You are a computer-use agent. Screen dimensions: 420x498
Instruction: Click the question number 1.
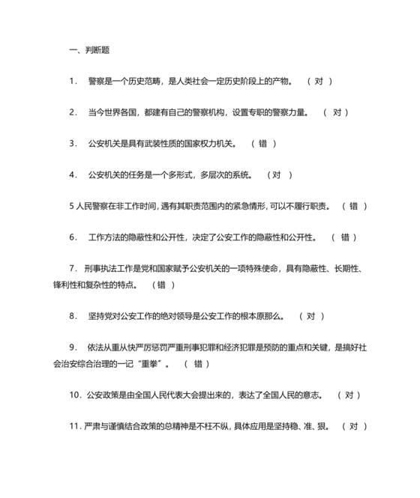(72, 81)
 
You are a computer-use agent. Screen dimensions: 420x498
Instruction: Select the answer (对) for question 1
(319, 81)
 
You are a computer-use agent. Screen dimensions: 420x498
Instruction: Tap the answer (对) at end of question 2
(336, 112)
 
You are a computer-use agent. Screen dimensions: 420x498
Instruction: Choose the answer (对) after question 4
(279, 175)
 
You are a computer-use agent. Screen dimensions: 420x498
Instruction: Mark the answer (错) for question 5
(354, 206)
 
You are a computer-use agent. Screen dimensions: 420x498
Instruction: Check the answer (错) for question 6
(344, 237)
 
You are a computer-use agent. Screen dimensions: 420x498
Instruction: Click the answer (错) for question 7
(163, 285)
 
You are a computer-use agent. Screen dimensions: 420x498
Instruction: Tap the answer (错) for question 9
(196, 363)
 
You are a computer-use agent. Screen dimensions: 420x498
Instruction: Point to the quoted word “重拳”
(153, 363)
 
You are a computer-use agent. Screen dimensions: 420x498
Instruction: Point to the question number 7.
(72, 269)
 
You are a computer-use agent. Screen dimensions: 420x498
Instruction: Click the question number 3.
(72, 144)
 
